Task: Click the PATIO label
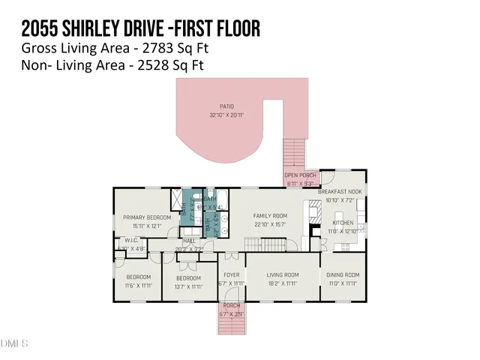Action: (226, 106)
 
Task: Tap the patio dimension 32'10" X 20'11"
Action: (226, 115)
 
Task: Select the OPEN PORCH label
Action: (300, 175)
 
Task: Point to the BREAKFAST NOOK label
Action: (340, 192)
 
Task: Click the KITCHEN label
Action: (343, 223)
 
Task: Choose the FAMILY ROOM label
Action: (269, 216)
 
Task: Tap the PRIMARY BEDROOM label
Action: (148, 217)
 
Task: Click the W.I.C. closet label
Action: (124, 241)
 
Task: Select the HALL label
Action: (189, 241)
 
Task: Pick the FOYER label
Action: (231, 275)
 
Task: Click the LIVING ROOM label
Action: (283, 275)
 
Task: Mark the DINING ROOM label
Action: (343, 275)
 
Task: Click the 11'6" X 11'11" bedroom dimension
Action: (138, 285)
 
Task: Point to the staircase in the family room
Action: (267, 246)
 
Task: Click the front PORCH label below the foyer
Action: (231, 305)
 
